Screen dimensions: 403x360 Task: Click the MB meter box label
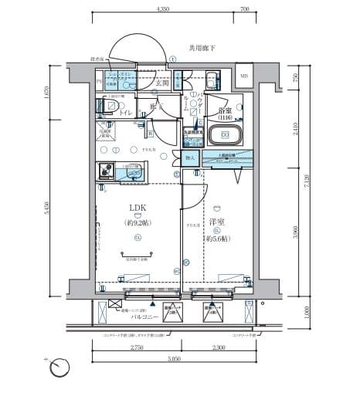tap(244, 76)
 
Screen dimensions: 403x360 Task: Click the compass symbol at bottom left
tap(59, 369)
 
